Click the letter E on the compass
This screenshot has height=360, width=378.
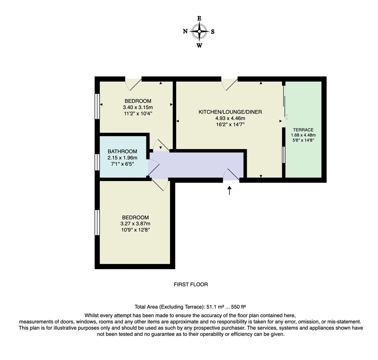pos(199,19)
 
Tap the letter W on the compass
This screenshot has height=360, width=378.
pos(199,46)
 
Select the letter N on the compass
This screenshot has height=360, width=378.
pos(185,31)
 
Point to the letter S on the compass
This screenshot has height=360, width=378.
pos(213,32)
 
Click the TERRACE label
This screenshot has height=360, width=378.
pos(303,130)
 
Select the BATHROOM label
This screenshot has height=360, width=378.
pos(122,151)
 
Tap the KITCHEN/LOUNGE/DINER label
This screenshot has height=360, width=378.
pos(230,112)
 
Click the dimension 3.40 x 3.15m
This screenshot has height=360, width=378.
pos(137,107)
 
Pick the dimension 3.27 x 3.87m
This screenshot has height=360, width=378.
pos(135,224)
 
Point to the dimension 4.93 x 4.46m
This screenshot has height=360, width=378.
pos(230,118)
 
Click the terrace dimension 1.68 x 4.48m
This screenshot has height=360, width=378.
pos(303,135)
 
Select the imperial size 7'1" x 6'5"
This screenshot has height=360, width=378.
pos(122,164)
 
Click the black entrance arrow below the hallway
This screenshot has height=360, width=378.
pos(229,191)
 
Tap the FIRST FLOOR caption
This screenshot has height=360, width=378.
pos(191,284)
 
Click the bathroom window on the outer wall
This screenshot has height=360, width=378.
pos(97,162)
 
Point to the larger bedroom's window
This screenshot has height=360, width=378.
pos(97,222)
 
